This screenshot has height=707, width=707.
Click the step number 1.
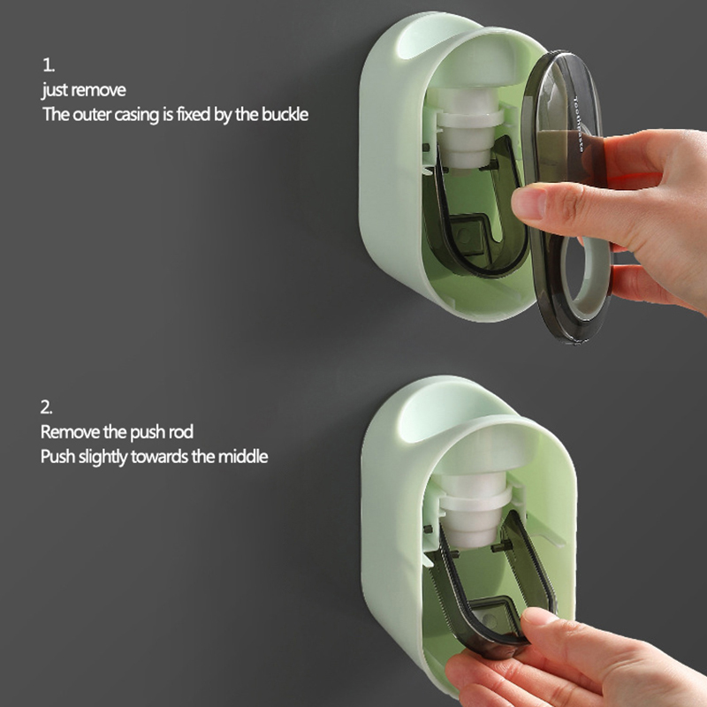click(49, 65)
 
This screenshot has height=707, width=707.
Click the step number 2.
click(47, 407)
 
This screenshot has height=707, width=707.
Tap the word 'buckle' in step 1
click(285, 115)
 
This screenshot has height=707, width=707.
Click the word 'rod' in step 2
click(181, 432)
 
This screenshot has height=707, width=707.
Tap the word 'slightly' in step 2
click(103, 457)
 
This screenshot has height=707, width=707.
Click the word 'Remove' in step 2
click(70, 432)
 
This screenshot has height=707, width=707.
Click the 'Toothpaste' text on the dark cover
click(579, 123)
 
